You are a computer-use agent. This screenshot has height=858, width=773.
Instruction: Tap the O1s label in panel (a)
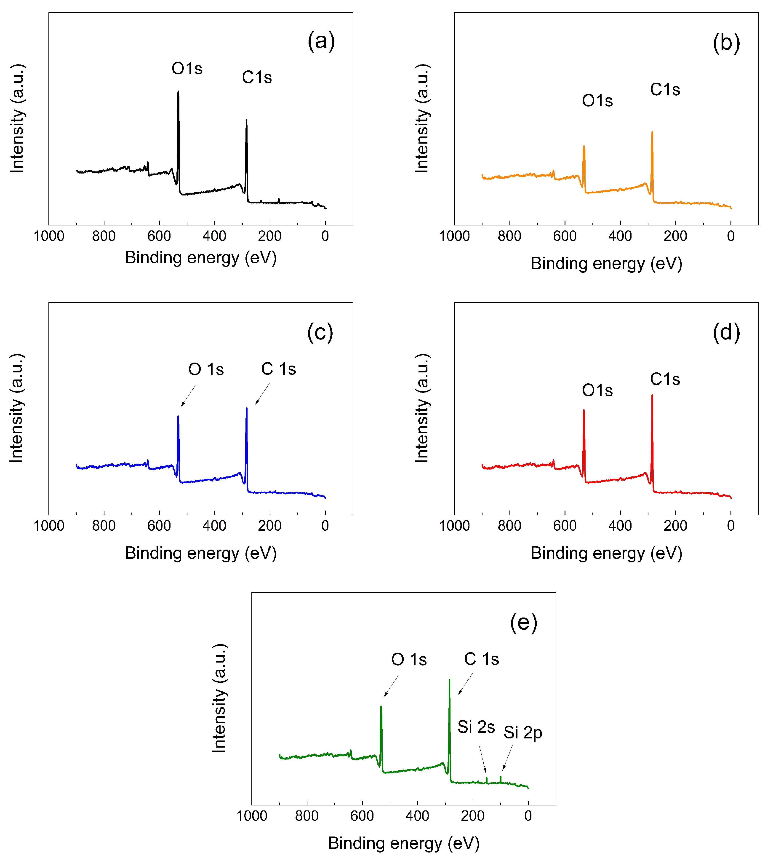pos(187,68)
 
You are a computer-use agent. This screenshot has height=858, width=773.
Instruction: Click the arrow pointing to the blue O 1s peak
pos(188,396)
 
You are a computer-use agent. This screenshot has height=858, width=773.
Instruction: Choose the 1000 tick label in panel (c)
pos(49,526)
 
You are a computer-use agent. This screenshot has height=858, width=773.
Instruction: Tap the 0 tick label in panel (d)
pos(730,526)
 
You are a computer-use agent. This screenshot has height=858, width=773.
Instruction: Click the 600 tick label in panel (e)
pos(362,816)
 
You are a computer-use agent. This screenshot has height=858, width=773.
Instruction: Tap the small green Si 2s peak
pos(486,780)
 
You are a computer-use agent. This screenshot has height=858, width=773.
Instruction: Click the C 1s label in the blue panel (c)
pos(279,369)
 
